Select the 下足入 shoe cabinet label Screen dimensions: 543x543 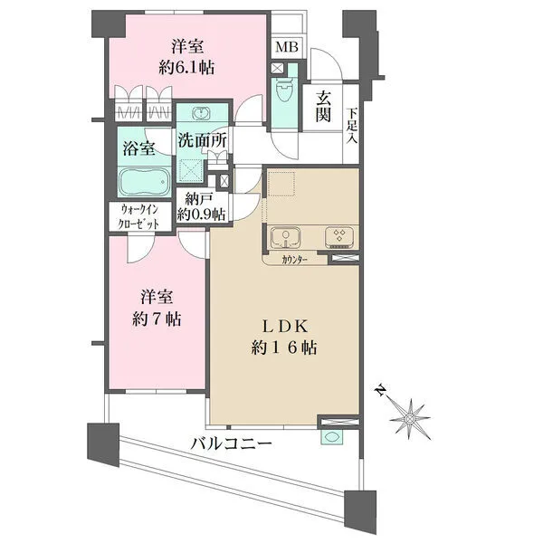point(351,124)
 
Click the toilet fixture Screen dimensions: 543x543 point(283,92)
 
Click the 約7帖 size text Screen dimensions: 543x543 point(156,319)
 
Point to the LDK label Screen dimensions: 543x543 point(290,327)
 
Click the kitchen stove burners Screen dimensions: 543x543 point(338,236)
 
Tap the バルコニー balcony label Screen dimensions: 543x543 point(231,445)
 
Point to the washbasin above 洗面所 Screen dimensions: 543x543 point(196,115)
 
